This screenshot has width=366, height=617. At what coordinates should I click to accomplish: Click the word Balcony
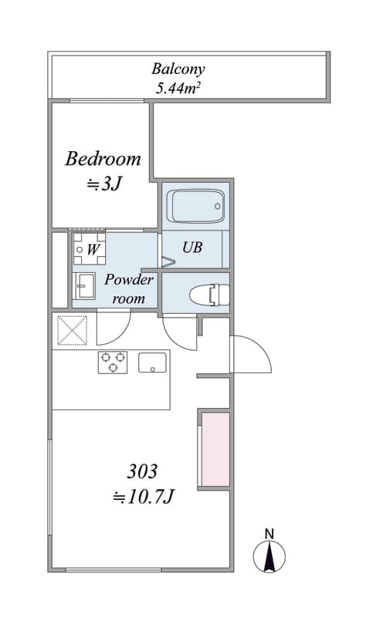tap(178, 69)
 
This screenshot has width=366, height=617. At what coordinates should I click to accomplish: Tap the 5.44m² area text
tap(178, 88)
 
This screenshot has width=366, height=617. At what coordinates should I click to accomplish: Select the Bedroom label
tap(103, 159)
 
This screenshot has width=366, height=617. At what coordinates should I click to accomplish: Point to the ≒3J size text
tap(103, 184)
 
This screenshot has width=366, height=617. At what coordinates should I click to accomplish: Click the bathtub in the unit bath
tap(196, 206)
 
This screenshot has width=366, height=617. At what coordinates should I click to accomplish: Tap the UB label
tap(192, 247)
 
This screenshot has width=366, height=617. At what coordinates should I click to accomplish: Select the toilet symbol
tap(209, 295)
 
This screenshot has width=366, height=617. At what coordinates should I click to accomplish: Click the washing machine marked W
tap(90, 249)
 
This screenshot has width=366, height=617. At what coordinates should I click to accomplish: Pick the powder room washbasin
tap(85, 285)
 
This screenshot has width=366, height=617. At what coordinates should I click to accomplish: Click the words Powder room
tap(128, 288)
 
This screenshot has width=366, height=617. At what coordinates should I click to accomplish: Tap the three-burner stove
tap(113, 362)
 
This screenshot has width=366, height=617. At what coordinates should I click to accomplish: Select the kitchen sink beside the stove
tap(152, 362)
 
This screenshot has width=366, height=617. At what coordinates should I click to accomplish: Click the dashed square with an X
tap(73, 331)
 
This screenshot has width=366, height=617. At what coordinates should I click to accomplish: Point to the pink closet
tap(215, 450)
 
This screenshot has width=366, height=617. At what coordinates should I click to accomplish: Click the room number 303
tap(142, 471)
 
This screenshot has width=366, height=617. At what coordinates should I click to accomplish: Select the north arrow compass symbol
tap(269, 556)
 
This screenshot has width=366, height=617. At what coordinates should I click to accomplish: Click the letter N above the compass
tap(269, 534)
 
